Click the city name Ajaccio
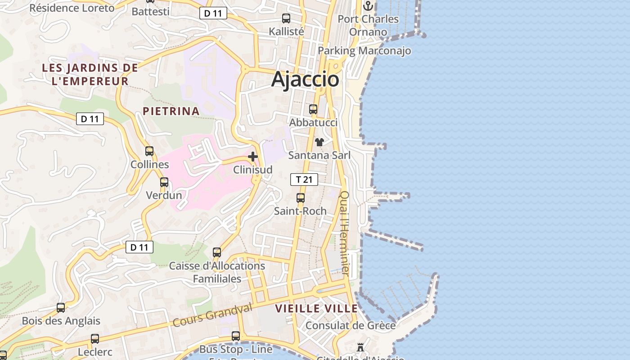pos(305,80)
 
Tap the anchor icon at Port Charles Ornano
pos(368,6)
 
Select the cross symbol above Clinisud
pos(253,157)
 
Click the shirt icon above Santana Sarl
pos(319,142)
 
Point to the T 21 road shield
pos(304,180)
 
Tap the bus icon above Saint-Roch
pos(301,198)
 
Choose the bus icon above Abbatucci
pos(313,109)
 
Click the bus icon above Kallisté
pos(286,18)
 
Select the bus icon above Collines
pos(149,151)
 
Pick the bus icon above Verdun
pos(164,182)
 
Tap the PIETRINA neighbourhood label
pos(171,111)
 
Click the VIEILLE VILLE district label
pos(316,309)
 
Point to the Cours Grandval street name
pos(212,315)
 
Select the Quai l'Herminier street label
pos(345,233)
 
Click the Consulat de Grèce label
pos(351,325)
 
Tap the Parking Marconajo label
pos(364,51)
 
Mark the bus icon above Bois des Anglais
pos(61,308)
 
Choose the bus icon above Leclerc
pos(95,338)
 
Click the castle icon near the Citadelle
pos(360,347)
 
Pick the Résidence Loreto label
pos(72,8)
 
